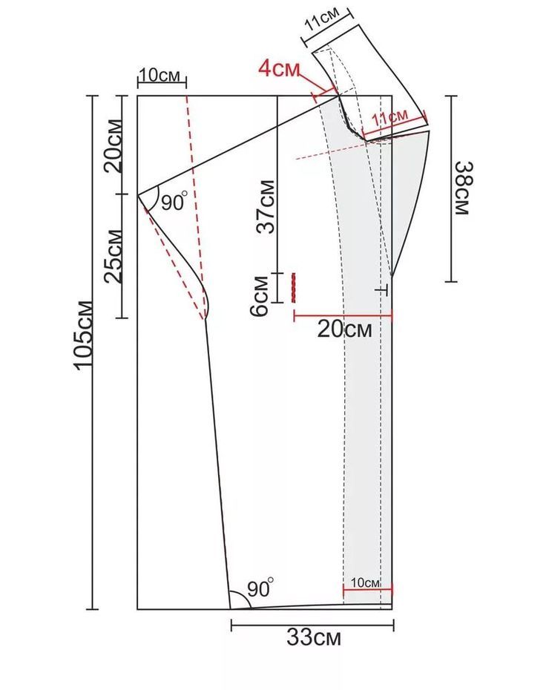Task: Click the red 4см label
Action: [278, 69]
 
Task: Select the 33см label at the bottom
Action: [314, 637]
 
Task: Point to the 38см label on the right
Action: [463, 188]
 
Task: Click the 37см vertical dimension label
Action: [266, 206]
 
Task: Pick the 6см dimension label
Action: [259, 296]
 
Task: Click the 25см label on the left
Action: [113, 256]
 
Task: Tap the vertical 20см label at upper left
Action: [113, 145]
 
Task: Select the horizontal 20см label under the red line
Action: [344, 329]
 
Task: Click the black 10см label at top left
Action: [159, 75]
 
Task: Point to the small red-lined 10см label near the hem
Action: [365, 582]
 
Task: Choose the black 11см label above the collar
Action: [323, 20]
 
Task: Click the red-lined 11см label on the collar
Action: [389, 117]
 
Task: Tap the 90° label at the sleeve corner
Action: [174, 202]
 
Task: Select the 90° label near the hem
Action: [260, 588]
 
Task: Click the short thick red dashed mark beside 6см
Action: [293, 287]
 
